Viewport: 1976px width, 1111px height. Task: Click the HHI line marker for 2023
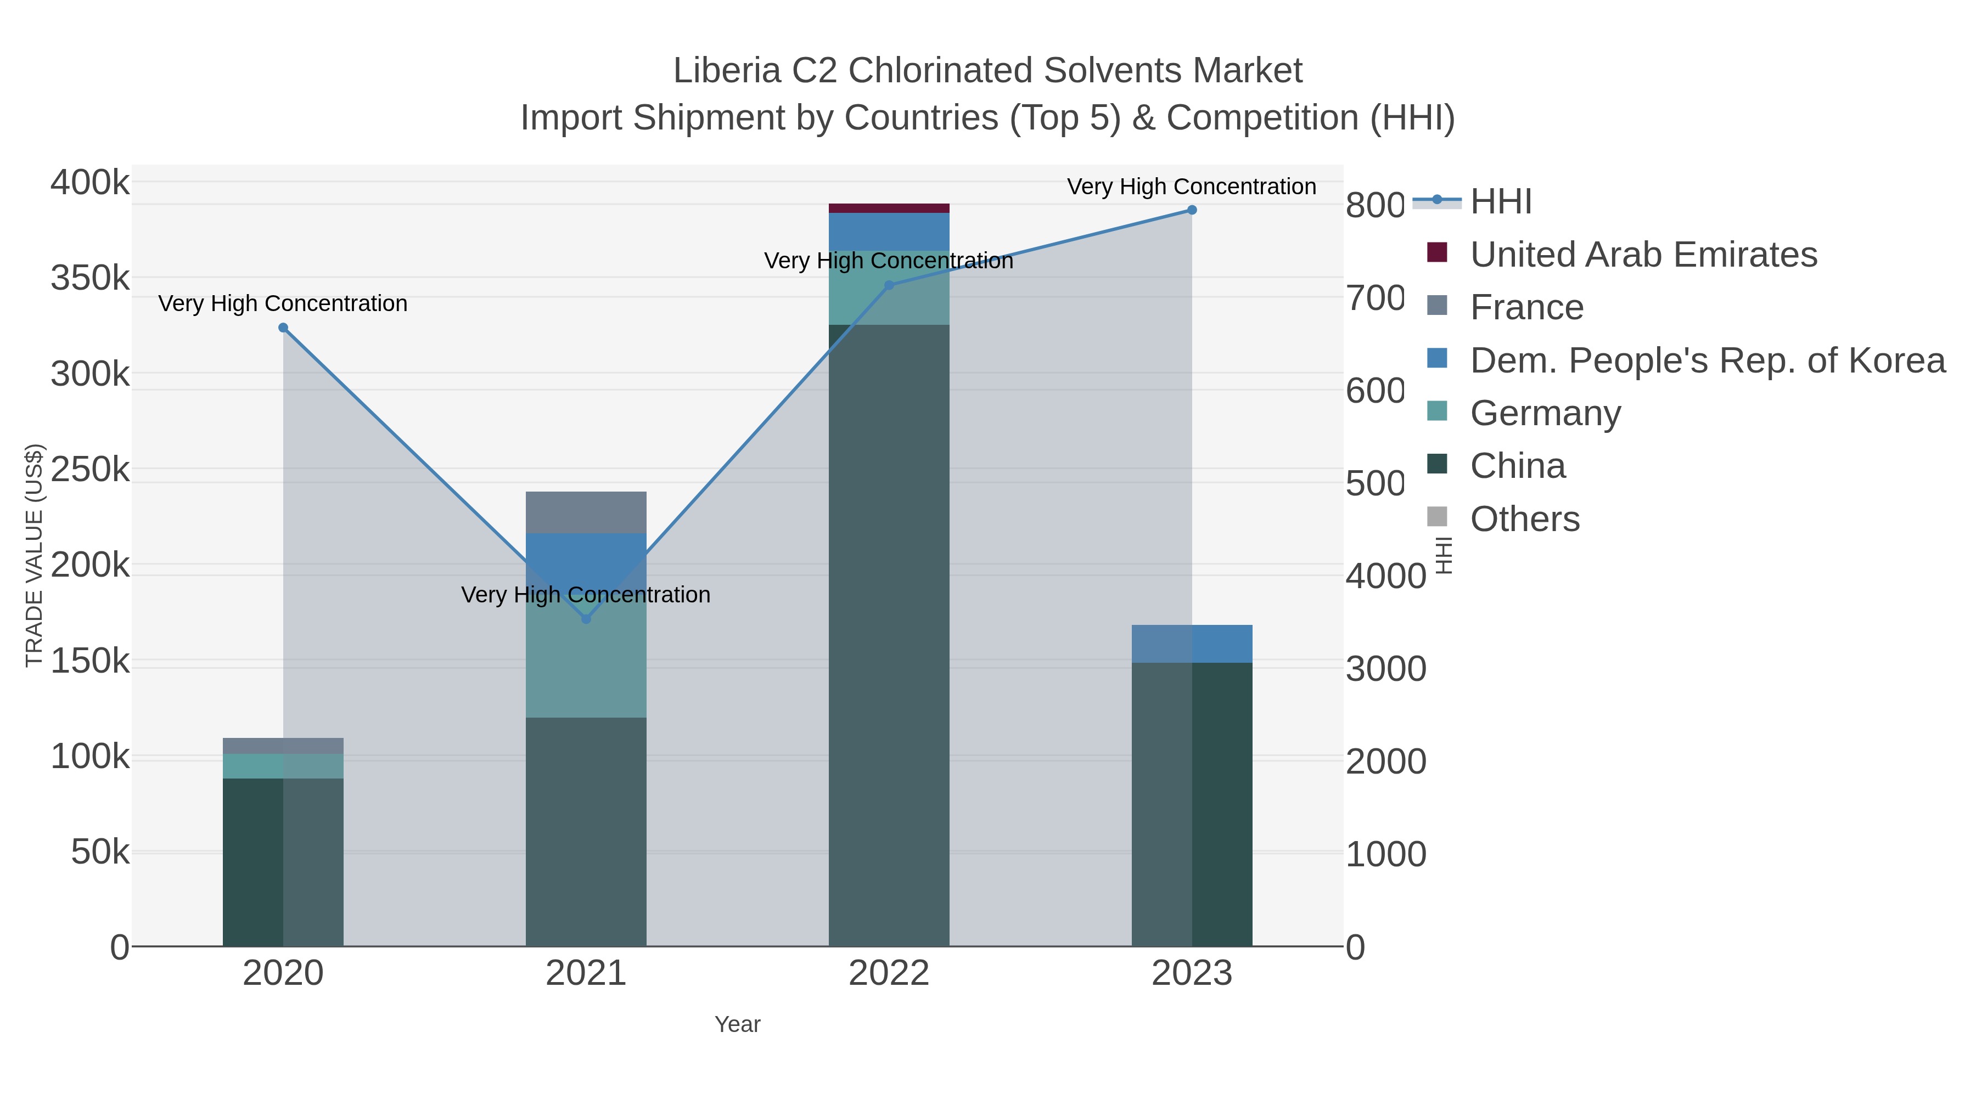[x=1191, y=210]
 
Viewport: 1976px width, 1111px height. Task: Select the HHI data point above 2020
[x=283, y=328]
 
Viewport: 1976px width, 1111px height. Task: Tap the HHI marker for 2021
[x=586, y=619]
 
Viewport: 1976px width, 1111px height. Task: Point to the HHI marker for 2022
[x=889, y=285]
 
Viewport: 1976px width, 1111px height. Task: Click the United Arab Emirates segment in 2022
[x=889, y=208]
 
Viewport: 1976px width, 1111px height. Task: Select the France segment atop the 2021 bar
[x=586, y=512]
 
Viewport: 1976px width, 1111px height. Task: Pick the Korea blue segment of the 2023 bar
[x=1191, y=644]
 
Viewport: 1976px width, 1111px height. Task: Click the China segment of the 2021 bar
[x=586, y=832]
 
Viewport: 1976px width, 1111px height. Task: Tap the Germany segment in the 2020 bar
[x=283, y=766]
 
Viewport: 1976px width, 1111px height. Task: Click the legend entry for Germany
[x=1545, y=413]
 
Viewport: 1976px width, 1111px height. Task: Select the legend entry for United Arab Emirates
[x=1643, y=255]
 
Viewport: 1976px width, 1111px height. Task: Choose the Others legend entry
[x=1524, y=519]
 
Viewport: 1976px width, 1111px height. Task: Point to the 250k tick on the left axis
[x=90, y=469]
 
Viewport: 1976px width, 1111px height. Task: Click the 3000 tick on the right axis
[x=1385, y=669]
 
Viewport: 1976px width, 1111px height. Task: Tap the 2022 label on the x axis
[x=889, y=973]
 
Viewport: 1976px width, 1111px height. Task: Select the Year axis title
[x=737, y=1024]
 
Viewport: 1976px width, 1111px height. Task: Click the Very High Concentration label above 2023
[x=1191, y=187]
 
